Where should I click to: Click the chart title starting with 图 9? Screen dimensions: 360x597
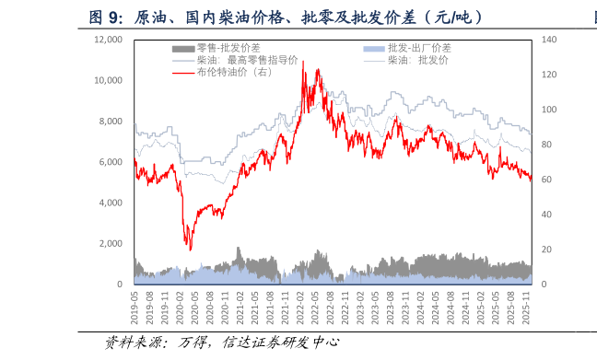pyautogui.click(x=286, y=17)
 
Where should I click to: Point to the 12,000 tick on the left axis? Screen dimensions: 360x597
pyautogui.click(x=108, y=40)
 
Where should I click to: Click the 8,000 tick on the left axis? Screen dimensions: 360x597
pyautogui.click(x=111, y=122)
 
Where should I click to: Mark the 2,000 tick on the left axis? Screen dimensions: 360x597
pyautogui.click(x=111, y=244)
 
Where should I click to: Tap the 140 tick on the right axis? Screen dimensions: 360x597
pyautogui.click(x=549, y=40)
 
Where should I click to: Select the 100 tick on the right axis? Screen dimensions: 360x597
pyautogui.click(x=549, y=110)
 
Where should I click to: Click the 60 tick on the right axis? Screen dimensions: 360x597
pyautogui.click(x=547, y=180)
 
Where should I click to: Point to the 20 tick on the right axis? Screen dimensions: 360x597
pyautogui.click(x=547, y=250)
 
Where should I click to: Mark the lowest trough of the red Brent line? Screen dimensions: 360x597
pyautogui.click(x=190, y=250)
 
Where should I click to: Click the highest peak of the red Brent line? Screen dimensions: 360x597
pyautogui.click(x=303, y=62)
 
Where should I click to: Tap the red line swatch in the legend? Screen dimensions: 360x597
pyautogui.click(x=183, y=72)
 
